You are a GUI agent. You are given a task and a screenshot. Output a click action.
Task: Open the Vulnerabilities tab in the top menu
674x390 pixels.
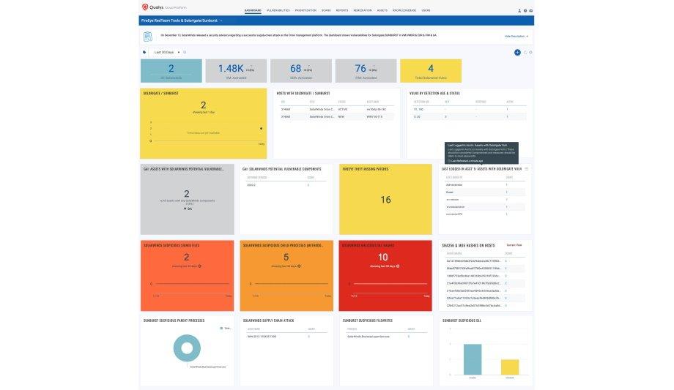[x=278, y=11]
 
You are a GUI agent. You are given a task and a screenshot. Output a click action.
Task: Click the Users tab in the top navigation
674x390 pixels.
[x=426, y=11]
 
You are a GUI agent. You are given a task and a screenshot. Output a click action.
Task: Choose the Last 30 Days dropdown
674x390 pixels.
[x=166, y=53]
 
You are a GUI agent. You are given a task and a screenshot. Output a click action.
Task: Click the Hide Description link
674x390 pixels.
[x=516, y=36]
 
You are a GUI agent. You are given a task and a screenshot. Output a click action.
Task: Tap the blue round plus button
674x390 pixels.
[x=517, y=53]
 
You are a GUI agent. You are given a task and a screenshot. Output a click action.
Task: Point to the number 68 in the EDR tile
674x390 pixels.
[x=296, y=68]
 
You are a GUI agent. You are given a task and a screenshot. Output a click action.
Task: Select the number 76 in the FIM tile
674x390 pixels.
[x=360, y=68]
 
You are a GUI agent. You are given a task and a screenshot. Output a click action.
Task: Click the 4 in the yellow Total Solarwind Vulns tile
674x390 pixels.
[x=431, y=68]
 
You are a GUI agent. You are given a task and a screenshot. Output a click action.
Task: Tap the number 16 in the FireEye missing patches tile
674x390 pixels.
[x=385, y=199]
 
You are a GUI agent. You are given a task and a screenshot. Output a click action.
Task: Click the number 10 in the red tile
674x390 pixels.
[x=382, y=257]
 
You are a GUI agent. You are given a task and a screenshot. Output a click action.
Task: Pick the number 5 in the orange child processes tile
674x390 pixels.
[x=286, y=257]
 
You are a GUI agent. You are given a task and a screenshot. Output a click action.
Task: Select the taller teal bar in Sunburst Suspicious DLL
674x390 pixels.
[x=473, y=359]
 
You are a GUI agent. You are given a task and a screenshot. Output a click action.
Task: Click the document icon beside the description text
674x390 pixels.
[x=148, y=36]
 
